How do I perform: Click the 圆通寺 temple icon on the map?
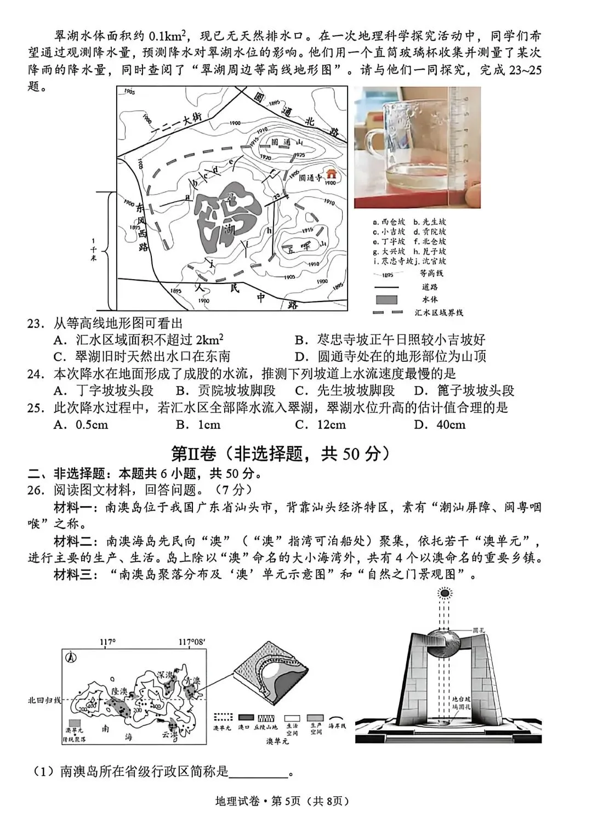pyautogui.click(x=331, y=174)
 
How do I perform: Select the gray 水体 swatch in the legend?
pyautogui.click(x=386, y=300)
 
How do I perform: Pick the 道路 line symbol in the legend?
pyautogui.click(x=387, y=287)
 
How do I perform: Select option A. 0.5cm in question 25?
pyautogui.click(x=81, y=424)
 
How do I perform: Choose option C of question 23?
pyautogui.click(x=142, y=356)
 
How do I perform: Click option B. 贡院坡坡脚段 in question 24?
pyautogui.click(x=225, y=390)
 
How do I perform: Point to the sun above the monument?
pyautogui.click(x=444, y=593)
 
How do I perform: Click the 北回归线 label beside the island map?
pyautogui.click(x=44, y=700)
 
